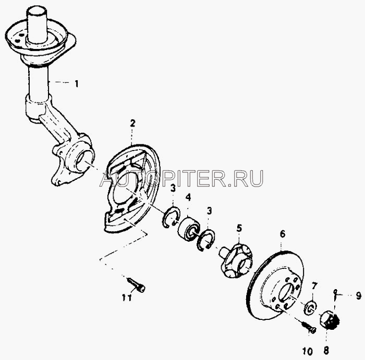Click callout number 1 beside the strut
[x=77, y=84]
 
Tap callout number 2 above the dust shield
[x=132, y=123]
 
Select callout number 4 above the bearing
[x=188, y=197]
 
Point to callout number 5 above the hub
[x=239, y=228]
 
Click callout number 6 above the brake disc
[x=283, y=234]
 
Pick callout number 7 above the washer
[x=314, y=285]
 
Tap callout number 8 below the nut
[x=326, y=351]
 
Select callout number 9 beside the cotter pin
[x=359, y=296]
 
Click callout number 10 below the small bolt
[x=308, y=351]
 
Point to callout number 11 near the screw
[x=127, y=297]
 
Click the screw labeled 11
[x=137, y=284]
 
